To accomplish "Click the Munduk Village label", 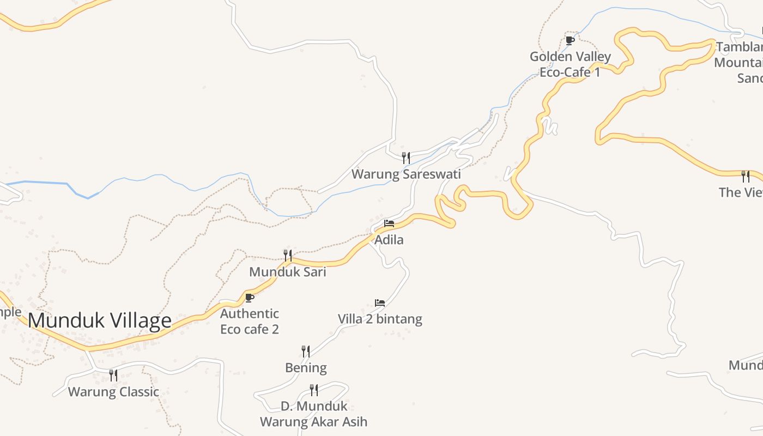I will point(100,320).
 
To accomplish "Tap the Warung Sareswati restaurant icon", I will point(406,158).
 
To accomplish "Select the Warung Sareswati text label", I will point(406,174).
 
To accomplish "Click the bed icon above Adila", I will point(389,223).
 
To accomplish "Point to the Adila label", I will point(389,240).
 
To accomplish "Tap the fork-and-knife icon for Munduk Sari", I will point(288,255).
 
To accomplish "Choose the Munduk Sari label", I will point(288,271).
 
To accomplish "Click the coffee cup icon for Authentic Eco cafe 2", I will point(250,298).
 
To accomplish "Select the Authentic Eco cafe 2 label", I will point(250,322).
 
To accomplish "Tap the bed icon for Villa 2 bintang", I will point(380,303).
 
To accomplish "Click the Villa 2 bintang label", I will point(380,319).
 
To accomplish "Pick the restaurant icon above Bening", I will point(306,352).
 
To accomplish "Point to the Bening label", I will point(306,368).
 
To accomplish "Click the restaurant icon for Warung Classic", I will point(113,375).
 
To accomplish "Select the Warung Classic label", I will point(113,392).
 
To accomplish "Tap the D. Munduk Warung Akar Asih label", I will point(314,414).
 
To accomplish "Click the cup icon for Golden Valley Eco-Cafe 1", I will point(570,40).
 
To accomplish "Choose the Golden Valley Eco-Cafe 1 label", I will point(570,64).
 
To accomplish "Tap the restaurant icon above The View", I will point(745,176).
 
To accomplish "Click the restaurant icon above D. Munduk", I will point(314,390).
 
